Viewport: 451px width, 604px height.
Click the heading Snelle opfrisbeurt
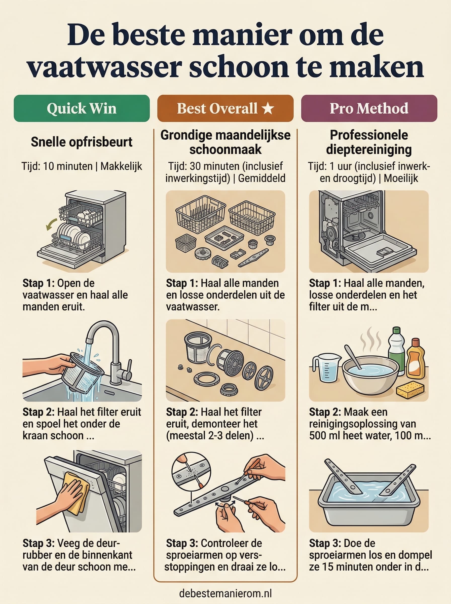[x=82, y=142]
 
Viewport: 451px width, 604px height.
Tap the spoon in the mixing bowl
[x=353, y=357]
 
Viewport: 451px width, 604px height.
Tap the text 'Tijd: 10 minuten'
[x=57, y=166]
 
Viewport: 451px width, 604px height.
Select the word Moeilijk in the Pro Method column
[x=401, y=178]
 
